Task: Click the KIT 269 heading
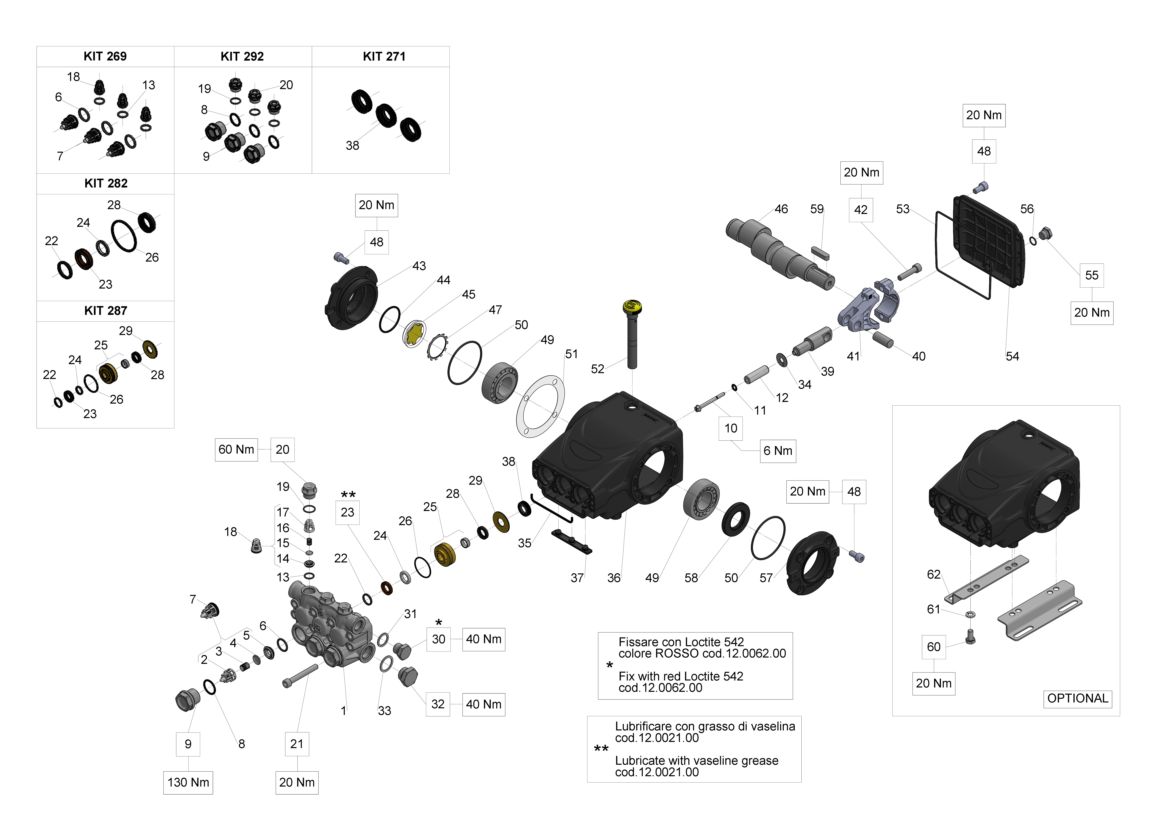click(105, 56)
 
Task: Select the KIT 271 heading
click(384, 56)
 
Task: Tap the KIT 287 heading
click(105, 311)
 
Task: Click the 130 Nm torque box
click(188, 782)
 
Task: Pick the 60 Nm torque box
click(236, 450)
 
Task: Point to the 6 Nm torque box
click(777, 451)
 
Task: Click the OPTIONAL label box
click(1077, 698)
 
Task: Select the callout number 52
click(597, 369)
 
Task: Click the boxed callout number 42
click(861, 210)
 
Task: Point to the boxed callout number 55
click(1092, 276)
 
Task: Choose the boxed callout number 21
click(297, 744)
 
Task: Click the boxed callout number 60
click(933, 647)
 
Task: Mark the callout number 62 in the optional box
click(933, 574)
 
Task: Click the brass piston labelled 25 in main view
click(444, 554)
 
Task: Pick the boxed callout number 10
click(731, 428)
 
